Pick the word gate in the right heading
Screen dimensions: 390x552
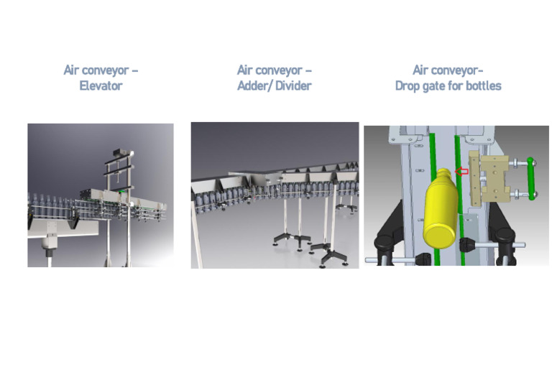438,86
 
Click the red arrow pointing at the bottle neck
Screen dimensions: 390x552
462,172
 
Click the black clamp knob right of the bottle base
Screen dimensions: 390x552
469,246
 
